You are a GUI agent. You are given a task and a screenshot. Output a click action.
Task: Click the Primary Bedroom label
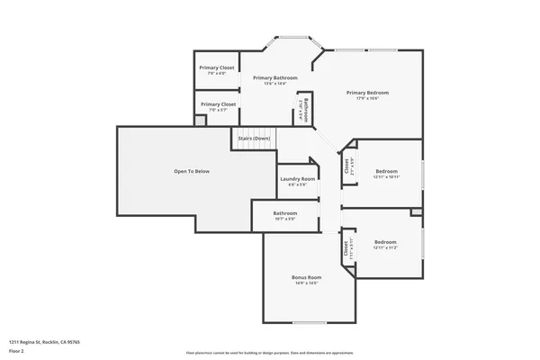coord(367,93)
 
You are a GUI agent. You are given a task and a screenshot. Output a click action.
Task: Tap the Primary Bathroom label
coord(274,78)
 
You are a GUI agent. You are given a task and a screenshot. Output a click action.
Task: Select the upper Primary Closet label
coord(217,68)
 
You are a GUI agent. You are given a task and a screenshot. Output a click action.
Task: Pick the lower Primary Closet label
coord(217,104)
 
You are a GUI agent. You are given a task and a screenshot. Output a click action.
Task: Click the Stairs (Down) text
coord(253,139)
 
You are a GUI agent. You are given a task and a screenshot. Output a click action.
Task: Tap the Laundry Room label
coord(297,179)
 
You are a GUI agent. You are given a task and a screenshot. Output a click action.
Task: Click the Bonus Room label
coord(306,277)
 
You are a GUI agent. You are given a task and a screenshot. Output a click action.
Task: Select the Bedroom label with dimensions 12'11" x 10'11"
coord(386,171)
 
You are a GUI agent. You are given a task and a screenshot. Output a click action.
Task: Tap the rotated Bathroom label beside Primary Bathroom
coord(306,109)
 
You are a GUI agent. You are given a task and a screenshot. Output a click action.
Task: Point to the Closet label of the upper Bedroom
coord(346,166)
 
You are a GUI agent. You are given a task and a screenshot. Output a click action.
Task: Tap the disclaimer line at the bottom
coord(270,353)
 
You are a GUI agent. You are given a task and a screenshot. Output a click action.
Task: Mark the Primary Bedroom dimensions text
coord(367,99)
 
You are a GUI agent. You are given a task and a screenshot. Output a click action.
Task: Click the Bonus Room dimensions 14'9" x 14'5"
coord(306,283)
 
